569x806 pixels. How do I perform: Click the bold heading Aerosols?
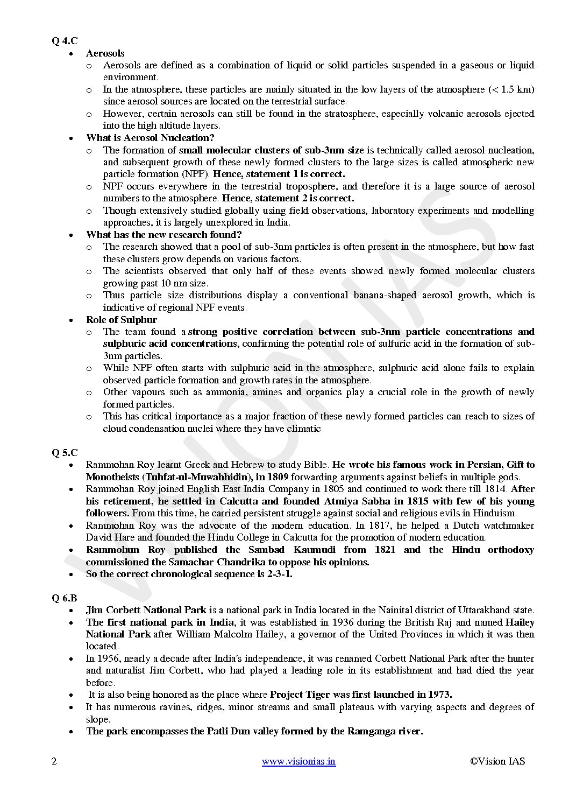click(x=105, y=53)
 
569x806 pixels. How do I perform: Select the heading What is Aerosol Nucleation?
click(x=150, y=138)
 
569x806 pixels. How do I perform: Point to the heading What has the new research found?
click(x=163, y=235)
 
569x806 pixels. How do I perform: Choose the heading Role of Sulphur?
click(x=121, y=320)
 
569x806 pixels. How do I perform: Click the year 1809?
click(x=278, y=477)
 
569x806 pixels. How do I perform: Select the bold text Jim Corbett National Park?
click(x=146, y=611)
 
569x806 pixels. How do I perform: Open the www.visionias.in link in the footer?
click(x=298, y=761)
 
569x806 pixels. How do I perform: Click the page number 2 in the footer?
click(x=54, y=761)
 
